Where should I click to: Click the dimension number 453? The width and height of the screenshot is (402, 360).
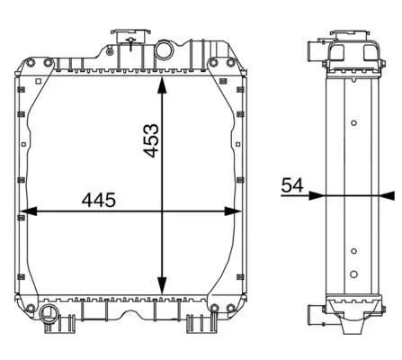click(151, 140)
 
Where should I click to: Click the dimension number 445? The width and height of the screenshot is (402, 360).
click(99, 201)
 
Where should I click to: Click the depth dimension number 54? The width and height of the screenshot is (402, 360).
click(292, 185)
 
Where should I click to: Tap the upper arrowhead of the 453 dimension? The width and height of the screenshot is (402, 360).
click(162, 86)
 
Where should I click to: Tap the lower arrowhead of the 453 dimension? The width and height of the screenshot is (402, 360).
click(162, 285)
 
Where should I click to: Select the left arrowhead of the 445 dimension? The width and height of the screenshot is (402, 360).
click(29, 211)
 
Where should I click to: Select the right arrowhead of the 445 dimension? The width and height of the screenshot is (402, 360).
click(232, 211)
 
